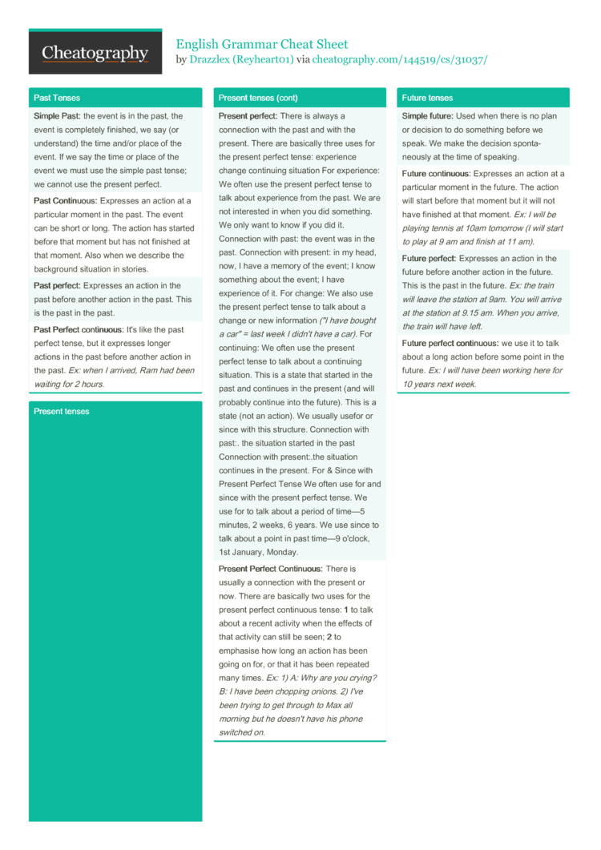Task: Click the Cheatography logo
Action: pos(95,53)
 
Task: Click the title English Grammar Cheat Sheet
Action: pos(262,44)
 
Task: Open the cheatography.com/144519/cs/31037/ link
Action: pos(399,60)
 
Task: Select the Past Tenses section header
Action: pos(57,98)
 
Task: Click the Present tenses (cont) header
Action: pos(258,98)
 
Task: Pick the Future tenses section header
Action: pos(427,98)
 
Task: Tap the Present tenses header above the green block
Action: pos(62,411)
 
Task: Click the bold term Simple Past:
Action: pos(58,116)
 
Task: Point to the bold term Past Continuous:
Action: pos(66,200)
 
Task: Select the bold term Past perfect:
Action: pos(57,285)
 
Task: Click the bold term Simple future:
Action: pos(428,116)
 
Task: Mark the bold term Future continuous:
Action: pos(437,173)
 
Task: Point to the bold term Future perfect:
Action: pos(430,258)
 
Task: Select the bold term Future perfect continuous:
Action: pos(450,343)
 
